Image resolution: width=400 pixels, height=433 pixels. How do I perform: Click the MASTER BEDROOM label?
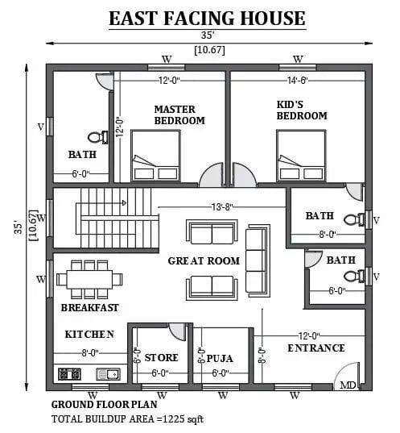pyautogui.click(x=179, y=114)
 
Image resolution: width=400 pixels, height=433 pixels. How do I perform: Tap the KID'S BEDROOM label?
pyautogui.click(x=302, y=110)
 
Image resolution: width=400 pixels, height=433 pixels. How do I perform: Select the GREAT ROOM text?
pyautogui.click(x=204, y=261)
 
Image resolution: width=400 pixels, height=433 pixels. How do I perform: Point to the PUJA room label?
pyautogui.click(x=220, y=359)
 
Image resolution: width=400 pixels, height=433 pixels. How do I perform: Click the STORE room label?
pyautogui.click(x=161, y=358)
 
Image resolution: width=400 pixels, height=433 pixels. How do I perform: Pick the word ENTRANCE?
pyautogui.click(x=316, y=348)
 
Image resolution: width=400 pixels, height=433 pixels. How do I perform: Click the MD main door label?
pyautogui.click(x=348, y=385)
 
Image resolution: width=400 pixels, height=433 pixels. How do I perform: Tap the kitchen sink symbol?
pyautogui.click(x=108, y=374)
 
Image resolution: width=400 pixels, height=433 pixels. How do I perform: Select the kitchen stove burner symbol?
pyautogui.click(x=69, y=374)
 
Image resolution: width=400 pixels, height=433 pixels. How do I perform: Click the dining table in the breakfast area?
pyautogui.click(x=89, y=279)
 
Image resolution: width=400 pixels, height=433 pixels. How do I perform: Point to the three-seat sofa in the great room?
pyautogui.click(x=258, y=260)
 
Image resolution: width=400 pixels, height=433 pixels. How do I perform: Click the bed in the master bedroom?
pyautogui.click(x=156, y=156)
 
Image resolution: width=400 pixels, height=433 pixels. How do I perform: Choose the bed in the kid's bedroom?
pyautogui.click(x=301, y=156)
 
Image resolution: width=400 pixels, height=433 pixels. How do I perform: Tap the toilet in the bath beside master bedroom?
pyautogui.click(x=98, y=137)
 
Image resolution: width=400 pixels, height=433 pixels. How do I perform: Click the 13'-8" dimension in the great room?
pyautogui.click(x=222, y=207)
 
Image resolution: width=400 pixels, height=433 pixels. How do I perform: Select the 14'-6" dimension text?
pyautogui.click(x=298, y=81)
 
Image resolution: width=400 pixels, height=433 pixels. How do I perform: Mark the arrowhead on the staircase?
pyautogui.click(x=124, y=203)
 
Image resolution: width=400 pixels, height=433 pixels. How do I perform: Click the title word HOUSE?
pyautogui.click(x=273, y=19)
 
